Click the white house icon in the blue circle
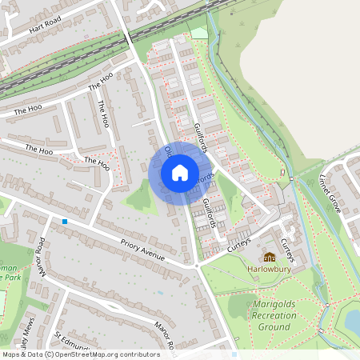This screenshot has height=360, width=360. pyautogui.click(x=180, y=173)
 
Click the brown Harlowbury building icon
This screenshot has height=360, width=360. pyautogui.click(x=270, y=257)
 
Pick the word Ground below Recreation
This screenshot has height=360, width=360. pyautogui.click(x=274, y=327)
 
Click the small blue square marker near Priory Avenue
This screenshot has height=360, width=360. pyautogui.click(x=65, y=221)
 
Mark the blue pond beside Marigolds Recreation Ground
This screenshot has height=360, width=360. pyautogui.click(x=352, y=321)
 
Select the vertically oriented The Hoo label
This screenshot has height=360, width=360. pyautogui.click(x=103, y=114)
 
